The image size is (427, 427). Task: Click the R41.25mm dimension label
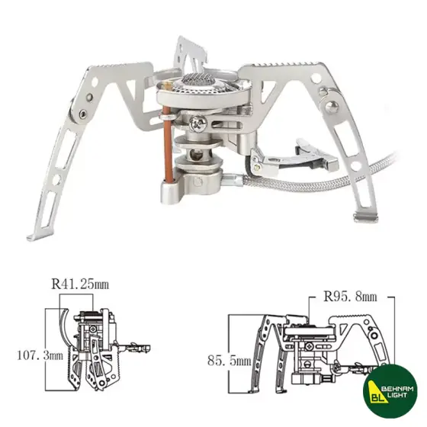80,284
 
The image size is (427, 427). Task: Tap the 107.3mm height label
31,355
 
